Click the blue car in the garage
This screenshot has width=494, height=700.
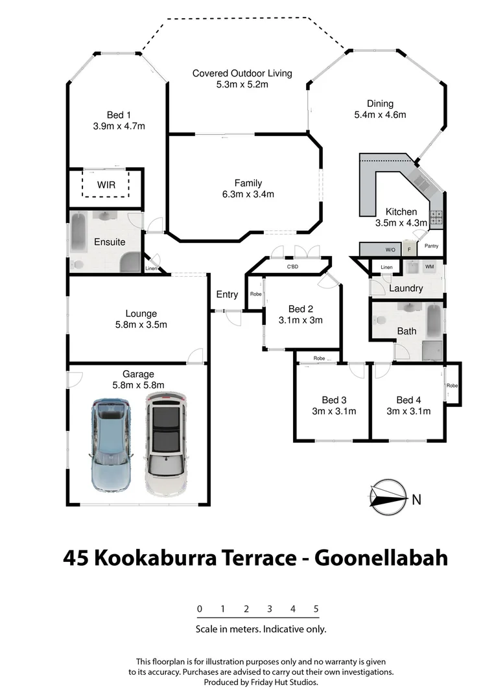(112, 446)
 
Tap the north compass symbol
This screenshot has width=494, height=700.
(388, 498)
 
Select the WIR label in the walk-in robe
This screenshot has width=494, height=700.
(106, 185)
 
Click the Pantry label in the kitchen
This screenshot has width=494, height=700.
(432, 246)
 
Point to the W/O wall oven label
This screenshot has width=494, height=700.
(390, 250)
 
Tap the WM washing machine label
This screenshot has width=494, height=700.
(429, 266)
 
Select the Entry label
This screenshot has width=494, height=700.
(227, 294)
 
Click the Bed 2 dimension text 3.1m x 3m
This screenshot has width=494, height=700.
(300, 320)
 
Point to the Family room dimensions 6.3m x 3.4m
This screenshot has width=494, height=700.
(248, 194)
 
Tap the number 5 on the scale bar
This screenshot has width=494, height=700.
(316, 609)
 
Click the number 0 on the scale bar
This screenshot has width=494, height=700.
(200, 609)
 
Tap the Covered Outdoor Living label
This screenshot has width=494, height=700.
(242, 73)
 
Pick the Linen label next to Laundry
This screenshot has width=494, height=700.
(386, 267)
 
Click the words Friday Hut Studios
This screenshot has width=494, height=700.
(287, 682)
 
